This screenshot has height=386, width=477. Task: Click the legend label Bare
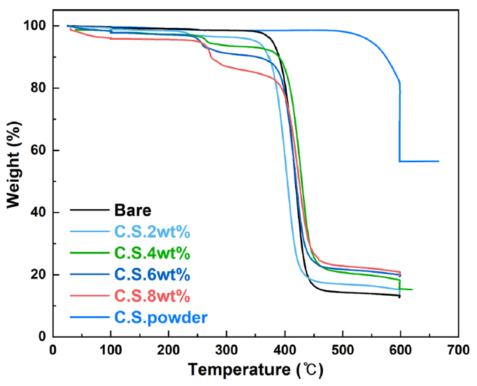point(132,210)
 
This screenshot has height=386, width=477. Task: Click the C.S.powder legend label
point(160,317)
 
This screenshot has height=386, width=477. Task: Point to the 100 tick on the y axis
point(35,26)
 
